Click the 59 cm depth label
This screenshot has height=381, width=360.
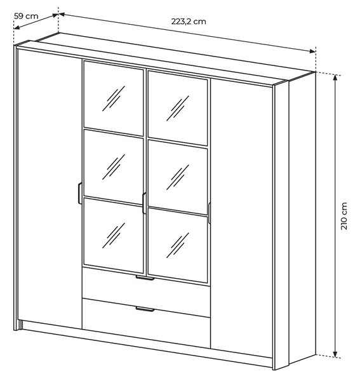[x=26, y=17]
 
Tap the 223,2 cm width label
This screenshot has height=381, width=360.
[x=189, y=22]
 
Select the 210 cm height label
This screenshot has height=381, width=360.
[x=344, y=216]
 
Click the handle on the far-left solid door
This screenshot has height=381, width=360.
[x=79, y=193]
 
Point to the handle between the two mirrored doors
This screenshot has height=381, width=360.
[x=144, y=203]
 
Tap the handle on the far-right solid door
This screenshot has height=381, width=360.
[x=209, y=213]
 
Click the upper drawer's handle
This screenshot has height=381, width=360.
[x=145, y=277]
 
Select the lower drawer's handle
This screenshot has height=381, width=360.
[x=145, y=309]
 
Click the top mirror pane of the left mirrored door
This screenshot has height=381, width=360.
[x=114, y=98]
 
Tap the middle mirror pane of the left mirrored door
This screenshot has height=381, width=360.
[x=114, y=168]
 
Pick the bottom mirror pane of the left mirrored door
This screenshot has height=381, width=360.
[x=114, y=236]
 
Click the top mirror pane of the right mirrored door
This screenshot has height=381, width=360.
[x=178, y=108]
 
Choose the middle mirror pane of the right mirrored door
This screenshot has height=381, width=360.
[x=178, y=177]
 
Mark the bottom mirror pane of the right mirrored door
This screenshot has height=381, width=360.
[x=178, y=246]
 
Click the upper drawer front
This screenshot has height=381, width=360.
[x=146, y=291]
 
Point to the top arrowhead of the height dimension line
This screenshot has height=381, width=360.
[x=335, y=77]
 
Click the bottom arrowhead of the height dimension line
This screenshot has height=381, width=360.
[x=335, y=354]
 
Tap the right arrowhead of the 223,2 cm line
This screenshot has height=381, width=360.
[x=312, y=51]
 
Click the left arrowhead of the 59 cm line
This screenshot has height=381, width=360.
[x=17, y=27]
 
